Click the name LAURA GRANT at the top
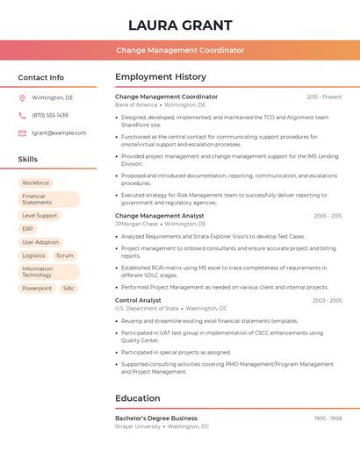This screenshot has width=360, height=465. [180, 25]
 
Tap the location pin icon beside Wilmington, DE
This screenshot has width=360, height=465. [22, 97]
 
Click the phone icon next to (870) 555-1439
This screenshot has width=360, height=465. [22, 115]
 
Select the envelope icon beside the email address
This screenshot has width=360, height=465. [22, 133]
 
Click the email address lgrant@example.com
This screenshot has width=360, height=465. [59, 133]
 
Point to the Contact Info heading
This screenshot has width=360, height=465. [40, 77]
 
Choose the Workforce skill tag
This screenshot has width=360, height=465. [36, 182]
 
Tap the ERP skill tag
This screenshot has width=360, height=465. [27, 229]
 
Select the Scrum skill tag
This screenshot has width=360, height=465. [65, 255]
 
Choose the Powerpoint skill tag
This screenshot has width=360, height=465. [37, 288]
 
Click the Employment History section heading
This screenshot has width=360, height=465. [161, 77]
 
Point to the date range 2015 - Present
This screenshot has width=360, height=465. [324, 97]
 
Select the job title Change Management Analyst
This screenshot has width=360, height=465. [159, 216]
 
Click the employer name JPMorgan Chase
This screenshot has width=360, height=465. [136, 224]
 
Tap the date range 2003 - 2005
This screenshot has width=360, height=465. [327, 301]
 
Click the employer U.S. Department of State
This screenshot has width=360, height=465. [147, 309]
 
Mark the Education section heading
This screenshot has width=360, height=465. [138, 398]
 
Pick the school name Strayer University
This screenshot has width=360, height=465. [138, 426]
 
